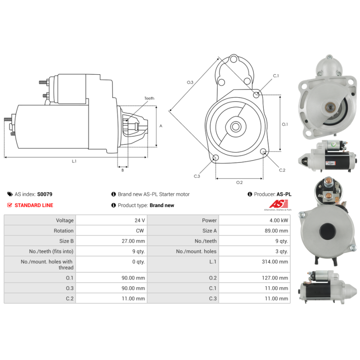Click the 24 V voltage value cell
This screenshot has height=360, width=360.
pos(140,220)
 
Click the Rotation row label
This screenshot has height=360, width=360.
pos(63,231)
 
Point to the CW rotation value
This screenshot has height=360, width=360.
pos(141,231)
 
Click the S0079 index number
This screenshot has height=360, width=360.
pos(45,194)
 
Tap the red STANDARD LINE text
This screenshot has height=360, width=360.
pos(34,205)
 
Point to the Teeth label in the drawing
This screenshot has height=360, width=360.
pos(149,98)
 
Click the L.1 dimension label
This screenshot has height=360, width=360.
pos(74,161)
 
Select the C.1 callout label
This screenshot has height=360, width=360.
pos(276,76)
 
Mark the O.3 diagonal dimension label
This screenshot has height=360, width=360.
pos(190,82)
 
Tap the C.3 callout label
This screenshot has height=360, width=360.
pos(197,176)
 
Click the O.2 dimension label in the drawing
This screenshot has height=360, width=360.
pos(239,182)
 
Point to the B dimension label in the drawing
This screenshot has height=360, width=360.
pos(122,170)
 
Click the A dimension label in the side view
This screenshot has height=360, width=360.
pos(161,126)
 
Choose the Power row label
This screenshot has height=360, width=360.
pos(209,220)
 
